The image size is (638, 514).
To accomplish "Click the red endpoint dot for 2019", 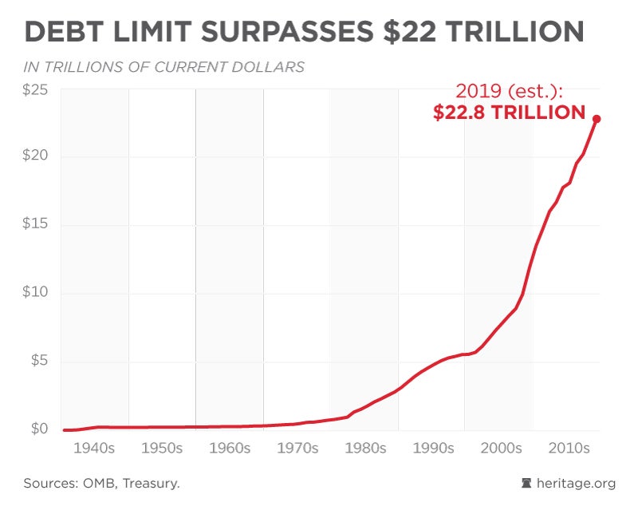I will (597, 119).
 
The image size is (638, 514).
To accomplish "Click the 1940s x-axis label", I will (94, 449).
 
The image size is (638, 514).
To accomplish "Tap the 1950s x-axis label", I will (162, 449).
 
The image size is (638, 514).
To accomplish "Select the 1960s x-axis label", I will (230, 449).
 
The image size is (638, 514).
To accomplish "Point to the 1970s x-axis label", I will (297, 449).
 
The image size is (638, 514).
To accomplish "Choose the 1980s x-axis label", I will (364, 449).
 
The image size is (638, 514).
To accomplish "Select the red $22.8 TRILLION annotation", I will (510, 113).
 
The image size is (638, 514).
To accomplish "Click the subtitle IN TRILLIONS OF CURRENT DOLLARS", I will (164, 67).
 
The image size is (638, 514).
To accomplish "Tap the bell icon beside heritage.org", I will (526, 483).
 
